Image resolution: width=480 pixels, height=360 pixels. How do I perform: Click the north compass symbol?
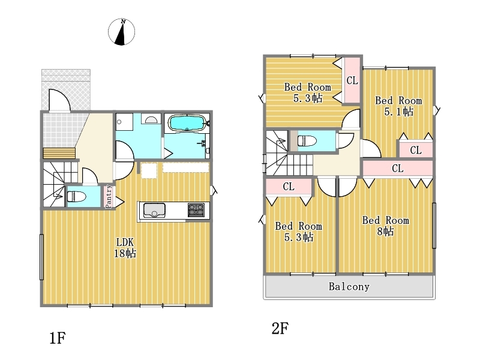click(122, 32)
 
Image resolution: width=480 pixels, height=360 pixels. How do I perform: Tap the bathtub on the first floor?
click(187, 123)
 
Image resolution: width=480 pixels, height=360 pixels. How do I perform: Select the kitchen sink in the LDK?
click(154, 211)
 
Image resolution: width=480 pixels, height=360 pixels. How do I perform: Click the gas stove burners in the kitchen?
click(196, 210)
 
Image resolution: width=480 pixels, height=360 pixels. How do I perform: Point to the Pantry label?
click(109, 197)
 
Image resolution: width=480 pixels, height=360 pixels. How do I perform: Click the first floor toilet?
click(76, 196)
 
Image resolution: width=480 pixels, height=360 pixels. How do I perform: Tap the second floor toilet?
click(307, 141)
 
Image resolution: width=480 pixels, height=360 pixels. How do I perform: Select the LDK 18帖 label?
click(125, 248)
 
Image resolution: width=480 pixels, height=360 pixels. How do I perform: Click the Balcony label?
click(349, 287)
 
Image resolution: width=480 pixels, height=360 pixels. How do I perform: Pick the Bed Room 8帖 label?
click(385, 226)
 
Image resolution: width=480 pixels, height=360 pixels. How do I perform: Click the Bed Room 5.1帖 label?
click(398, 106)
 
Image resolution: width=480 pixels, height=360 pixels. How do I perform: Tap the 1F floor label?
click(58, 338)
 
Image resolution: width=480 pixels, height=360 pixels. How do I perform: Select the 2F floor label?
click(280, 328)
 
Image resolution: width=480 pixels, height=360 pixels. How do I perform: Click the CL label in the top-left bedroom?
click(352, 80)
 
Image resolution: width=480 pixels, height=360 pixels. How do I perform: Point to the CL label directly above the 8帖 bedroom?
click(397, 168)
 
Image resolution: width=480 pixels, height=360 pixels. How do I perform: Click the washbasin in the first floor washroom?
click(151, 119)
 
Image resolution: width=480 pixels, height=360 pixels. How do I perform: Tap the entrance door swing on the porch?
click(59, 100)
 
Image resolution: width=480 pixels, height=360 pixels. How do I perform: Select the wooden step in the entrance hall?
click(59, 153)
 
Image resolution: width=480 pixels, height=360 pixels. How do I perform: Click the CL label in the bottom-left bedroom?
click(289, 187)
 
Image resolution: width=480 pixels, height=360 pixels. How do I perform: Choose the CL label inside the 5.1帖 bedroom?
click(415, 150)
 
